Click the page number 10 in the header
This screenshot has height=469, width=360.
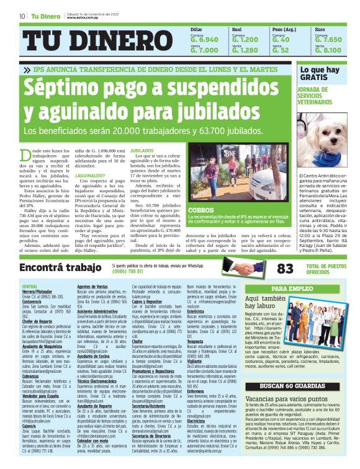(22, 16)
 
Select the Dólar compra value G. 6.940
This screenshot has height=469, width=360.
(204, 39)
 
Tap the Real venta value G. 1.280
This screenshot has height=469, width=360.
(245, 50)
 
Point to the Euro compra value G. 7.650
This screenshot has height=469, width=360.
(328, 39)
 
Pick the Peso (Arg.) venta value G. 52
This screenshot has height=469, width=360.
(281, 50)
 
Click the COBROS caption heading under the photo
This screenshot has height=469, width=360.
(201, 210)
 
